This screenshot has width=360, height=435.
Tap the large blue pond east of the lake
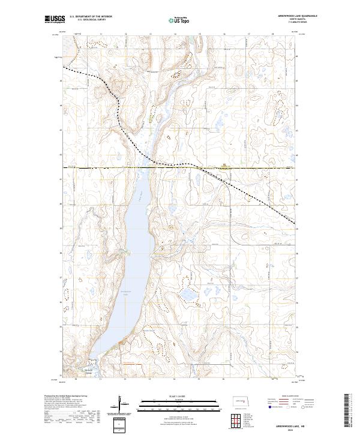pyautogui.click(x=188, y=295)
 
